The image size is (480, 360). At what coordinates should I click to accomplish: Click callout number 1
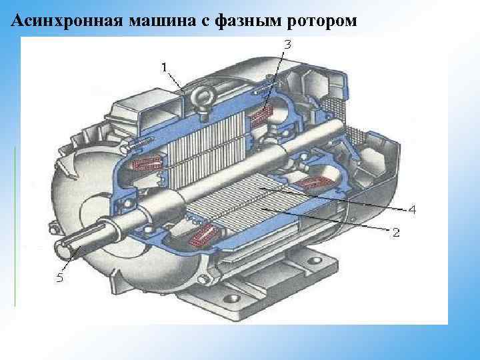click(164, 67)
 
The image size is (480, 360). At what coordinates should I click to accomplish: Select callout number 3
click(287, 45)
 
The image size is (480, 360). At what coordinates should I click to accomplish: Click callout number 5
click(59, 279)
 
